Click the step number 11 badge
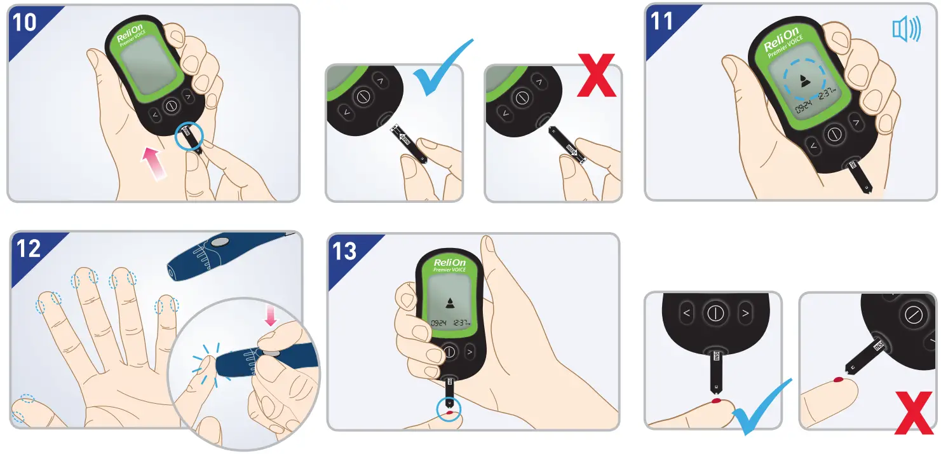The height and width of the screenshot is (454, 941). pyautogui.click(x=663, y=22)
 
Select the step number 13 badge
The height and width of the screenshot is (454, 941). pyautogui.click(x=345, y=251)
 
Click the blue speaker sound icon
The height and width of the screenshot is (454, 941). pyautogui.click(x=906, y=30)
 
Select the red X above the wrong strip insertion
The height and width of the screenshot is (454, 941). pyautogui.click(x=596, y=76)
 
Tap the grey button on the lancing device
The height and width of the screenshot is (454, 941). pyautogui.click(x=220, y=242)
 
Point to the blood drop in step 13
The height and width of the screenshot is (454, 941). pyautogui.click(x=450, y=413)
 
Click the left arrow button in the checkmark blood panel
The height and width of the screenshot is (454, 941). pyautogui.click(x=686, y=313)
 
